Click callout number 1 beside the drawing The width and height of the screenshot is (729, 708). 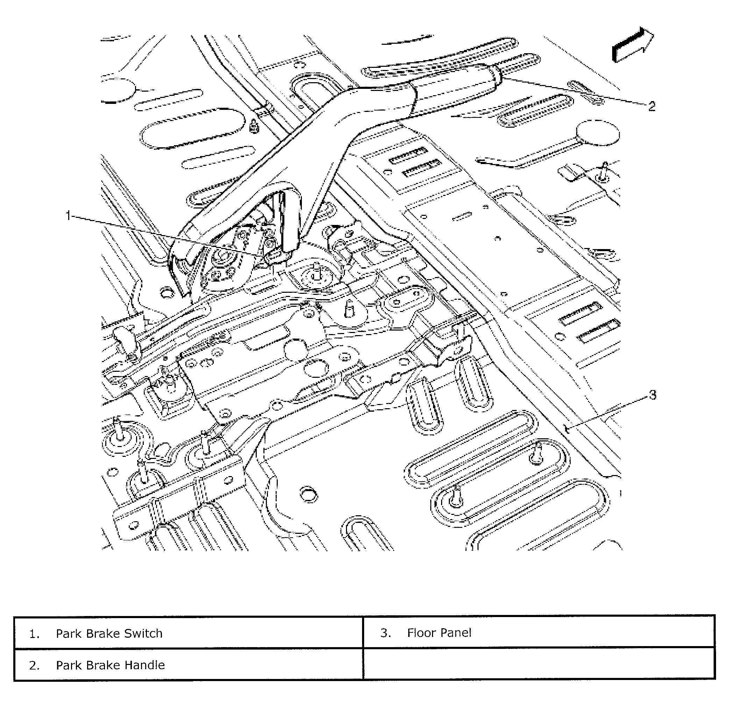(68, 215)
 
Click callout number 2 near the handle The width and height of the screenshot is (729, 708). (651, 106)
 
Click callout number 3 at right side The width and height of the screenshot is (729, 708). (653, 395)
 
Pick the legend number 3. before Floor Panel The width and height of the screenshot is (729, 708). (385, 633)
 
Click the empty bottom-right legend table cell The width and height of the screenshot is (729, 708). (539, 665)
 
